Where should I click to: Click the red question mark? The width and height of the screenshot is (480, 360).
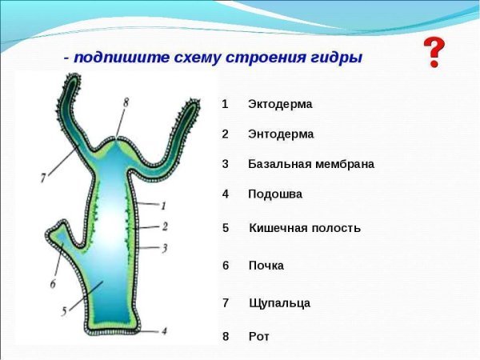(434, 52)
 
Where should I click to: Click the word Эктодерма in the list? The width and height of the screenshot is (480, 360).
(280, 104)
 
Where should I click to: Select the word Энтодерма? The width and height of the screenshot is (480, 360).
(281, 134)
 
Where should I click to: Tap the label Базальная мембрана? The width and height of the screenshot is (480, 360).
(310, 164)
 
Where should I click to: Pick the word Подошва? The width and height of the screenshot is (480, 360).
(275, 194)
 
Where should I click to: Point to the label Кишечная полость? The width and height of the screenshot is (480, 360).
(305, 228)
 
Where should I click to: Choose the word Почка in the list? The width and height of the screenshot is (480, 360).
(266, 266)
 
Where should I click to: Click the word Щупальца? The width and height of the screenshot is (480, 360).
(279, 303)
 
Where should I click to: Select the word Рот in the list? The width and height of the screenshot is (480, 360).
(259, 337)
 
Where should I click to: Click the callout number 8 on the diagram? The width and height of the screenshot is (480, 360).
(126, 102)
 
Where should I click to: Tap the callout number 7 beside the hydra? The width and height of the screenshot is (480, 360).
(42, 178)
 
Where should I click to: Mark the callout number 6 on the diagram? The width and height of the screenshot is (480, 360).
(53, 283)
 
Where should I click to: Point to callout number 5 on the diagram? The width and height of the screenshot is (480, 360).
(63, 312)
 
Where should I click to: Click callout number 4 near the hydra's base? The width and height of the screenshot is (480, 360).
(164, 330)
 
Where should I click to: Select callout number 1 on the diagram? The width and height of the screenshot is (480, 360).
(163, 205)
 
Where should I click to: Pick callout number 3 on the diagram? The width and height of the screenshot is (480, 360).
(164, 248)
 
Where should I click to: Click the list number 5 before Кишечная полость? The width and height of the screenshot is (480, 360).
(226, 228)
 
